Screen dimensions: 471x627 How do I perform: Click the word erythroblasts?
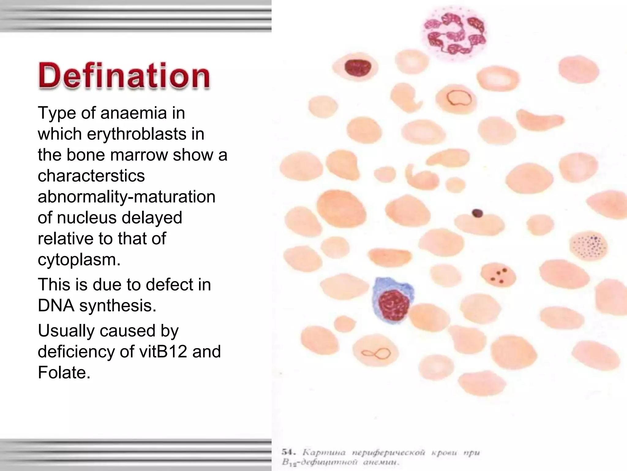point(137,134)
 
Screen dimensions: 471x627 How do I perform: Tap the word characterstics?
point(91,176)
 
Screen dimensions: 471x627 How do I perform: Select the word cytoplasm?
point(79,260)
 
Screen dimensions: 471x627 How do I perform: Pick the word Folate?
point(64,373)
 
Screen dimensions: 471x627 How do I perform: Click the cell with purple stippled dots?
point(588,246)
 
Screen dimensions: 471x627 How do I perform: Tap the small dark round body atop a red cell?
point(477,213)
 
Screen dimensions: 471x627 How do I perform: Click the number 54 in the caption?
point(288,452)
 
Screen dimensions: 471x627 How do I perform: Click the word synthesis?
point(118,306)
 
